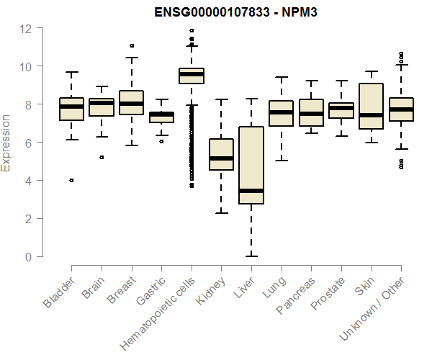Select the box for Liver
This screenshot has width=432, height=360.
tap(251, 165)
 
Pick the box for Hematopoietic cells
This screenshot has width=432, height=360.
tap(192, 76)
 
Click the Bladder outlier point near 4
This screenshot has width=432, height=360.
tap(71, 180)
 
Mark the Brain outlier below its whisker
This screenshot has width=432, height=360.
tap(102, 157)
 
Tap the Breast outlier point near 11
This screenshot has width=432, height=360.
tap(132, 45)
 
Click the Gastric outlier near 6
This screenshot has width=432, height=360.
tap(161, 141)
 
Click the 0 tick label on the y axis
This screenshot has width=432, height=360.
tap(29, 256)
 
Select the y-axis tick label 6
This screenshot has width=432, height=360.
tap(29, 143)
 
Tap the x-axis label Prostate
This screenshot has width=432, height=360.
tap(328, 295)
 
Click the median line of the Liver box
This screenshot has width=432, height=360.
tap(251, 191)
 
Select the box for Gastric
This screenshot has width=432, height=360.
tap(161, 117)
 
